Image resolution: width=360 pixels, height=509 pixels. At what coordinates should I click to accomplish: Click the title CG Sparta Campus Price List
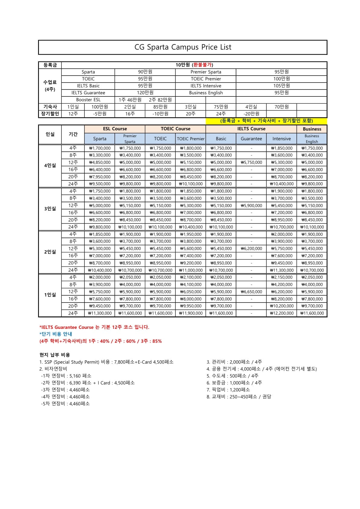(x=183, y=47)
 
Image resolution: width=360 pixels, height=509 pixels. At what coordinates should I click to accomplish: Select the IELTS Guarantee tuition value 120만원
(x=145, y=93)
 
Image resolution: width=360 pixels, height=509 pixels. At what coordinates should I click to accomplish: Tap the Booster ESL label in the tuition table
(x=88, y=100)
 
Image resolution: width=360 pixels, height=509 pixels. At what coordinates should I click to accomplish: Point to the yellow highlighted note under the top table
(x=266, y=121)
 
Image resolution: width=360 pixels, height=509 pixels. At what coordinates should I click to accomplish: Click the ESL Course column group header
(x=115, y=129)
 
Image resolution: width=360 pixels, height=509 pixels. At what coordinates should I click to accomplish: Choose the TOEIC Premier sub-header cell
(x=191, y=139)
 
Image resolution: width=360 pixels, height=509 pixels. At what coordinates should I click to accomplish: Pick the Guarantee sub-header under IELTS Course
(x=251, y=139)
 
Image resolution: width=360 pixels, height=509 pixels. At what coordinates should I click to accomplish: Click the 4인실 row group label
(x=50, y=166)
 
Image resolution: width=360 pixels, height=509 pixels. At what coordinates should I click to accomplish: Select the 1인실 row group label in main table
(x=50, y=295)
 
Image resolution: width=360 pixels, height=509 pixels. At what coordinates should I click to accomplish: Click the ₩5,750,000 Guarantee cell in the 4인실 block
(x=251, y=162)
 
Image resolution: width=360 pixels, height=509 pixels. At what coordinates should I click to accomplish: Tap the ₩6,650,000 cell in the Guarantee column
(x=251, y=292)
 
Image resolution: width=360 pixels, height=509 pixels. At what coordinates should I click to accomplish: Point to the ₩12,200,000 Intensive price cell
(x=282, y=313)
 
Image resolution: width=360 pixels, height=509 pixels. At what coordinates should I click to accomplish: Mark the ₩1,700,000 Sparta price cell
(x=100, y=148)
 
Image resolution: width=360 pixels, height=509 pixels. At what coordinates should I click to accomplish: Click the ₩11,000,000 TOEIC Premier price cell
(x=191, y=270)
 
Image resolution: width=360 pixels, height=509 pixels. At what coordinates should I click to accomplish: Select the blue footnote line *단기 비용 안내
(x=56, y=334)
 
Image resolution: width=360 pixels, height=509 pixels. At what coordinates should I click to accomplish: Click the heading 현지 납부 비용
(x=55, y=355)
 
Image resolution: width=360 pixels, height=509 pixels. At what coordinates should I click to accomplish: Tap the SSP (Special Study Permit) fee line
(x=106, y=362)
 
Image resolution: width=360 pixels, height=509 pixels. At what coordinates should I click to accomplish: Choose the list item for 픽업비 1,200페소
(x=228, y=390)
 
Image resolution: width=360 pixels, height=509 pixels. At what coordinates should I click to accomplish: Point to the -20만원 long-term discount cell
(x=251, y=114)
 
